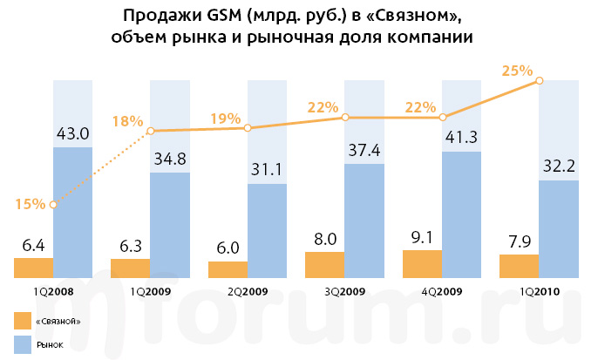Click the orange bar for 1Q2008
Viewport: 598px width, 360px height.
point(34,268)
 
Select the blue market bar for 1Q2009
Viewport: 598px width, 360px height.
point(171,225)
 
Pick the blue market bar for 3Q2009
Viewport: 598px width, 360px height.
point(365,221)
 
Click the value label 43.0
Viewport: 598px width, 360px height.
point(73,133)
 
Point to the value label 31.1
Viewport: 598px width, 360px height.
point(268,170)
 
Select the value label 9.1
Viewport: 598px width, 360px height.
point(422,236)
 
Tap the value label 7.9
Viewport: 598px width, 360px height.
point(520,241)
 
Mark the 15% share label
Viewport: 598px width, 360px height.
point(31,205)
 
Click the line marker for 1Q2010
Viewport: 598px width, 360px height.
point(540,80)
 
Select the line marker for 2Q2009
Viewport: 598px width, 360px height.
point(248,128)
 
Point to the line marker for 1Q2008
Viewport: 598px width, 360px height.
point(54,205)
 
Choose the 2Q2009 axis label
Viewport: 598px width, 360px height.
point(248,292)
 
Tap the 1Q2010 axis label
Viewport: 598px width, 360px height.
point(540,292)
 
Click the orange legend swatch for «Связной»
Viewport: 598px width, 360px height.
point(23,322)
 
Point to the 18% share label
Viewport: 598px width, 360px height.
point(127,121)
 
